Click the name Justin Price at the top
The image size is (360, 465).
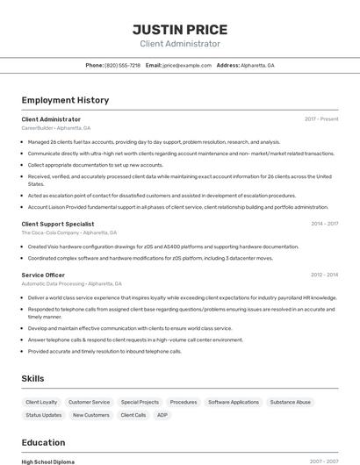180,29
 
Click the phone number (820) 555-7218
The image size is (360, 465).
122,66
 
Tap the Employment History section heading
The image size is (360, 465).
65,100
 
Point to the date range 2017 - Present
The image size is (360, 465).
321,118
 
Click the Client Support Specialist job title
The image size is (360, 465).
58,224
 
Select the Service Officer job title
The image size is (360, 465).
43,275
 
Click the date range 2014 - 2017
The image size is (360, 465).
324,224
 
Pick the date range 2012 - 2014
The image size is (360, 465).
324,275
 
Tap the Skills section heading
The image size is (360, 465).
33,378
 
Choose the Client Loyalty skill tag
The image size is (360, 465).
41,402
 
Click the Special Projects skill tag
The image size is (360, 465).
140,402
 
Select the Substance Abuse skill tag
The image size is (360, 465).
290,402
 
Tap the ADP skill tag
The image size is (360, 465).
162,415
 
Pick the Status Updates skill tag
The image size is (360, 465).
44,415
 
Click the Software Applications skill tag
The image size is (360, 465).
234,402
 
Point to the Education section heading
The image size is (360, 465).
43,442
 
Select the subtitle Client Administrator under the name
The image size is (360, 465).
180,44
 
